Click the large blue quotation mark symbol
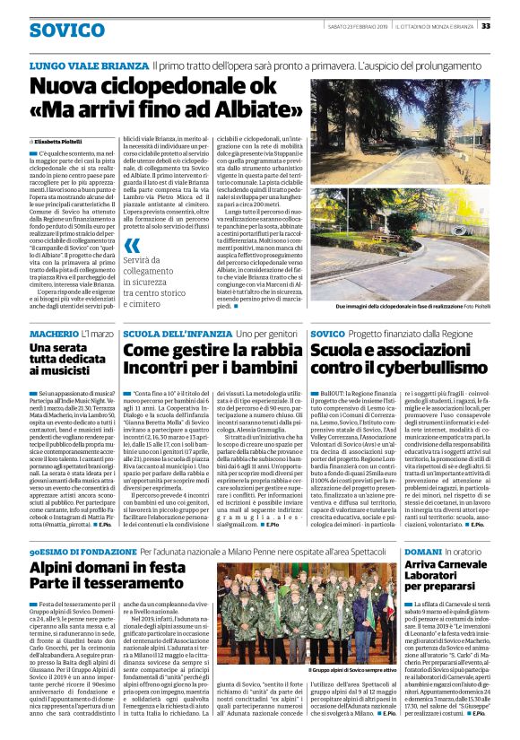(133, 245)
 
